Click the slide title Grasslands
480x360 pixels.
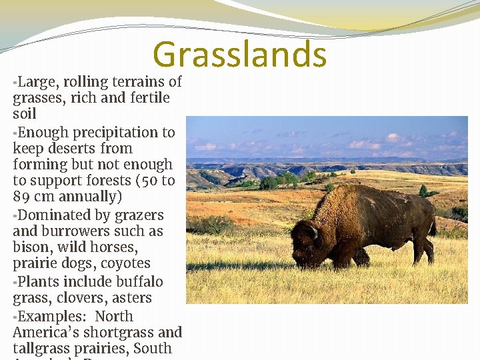[x=239, y=55]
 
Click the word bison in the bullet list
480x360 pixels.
[x=31, y=247]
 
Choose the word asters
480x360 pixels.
[x=131, y=298]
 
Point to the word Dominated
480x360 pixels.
[x=52, y=215]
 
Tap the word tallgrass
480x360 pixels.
[x=43, y=348]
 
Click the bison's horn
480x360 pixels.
[x=313, y=232]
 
